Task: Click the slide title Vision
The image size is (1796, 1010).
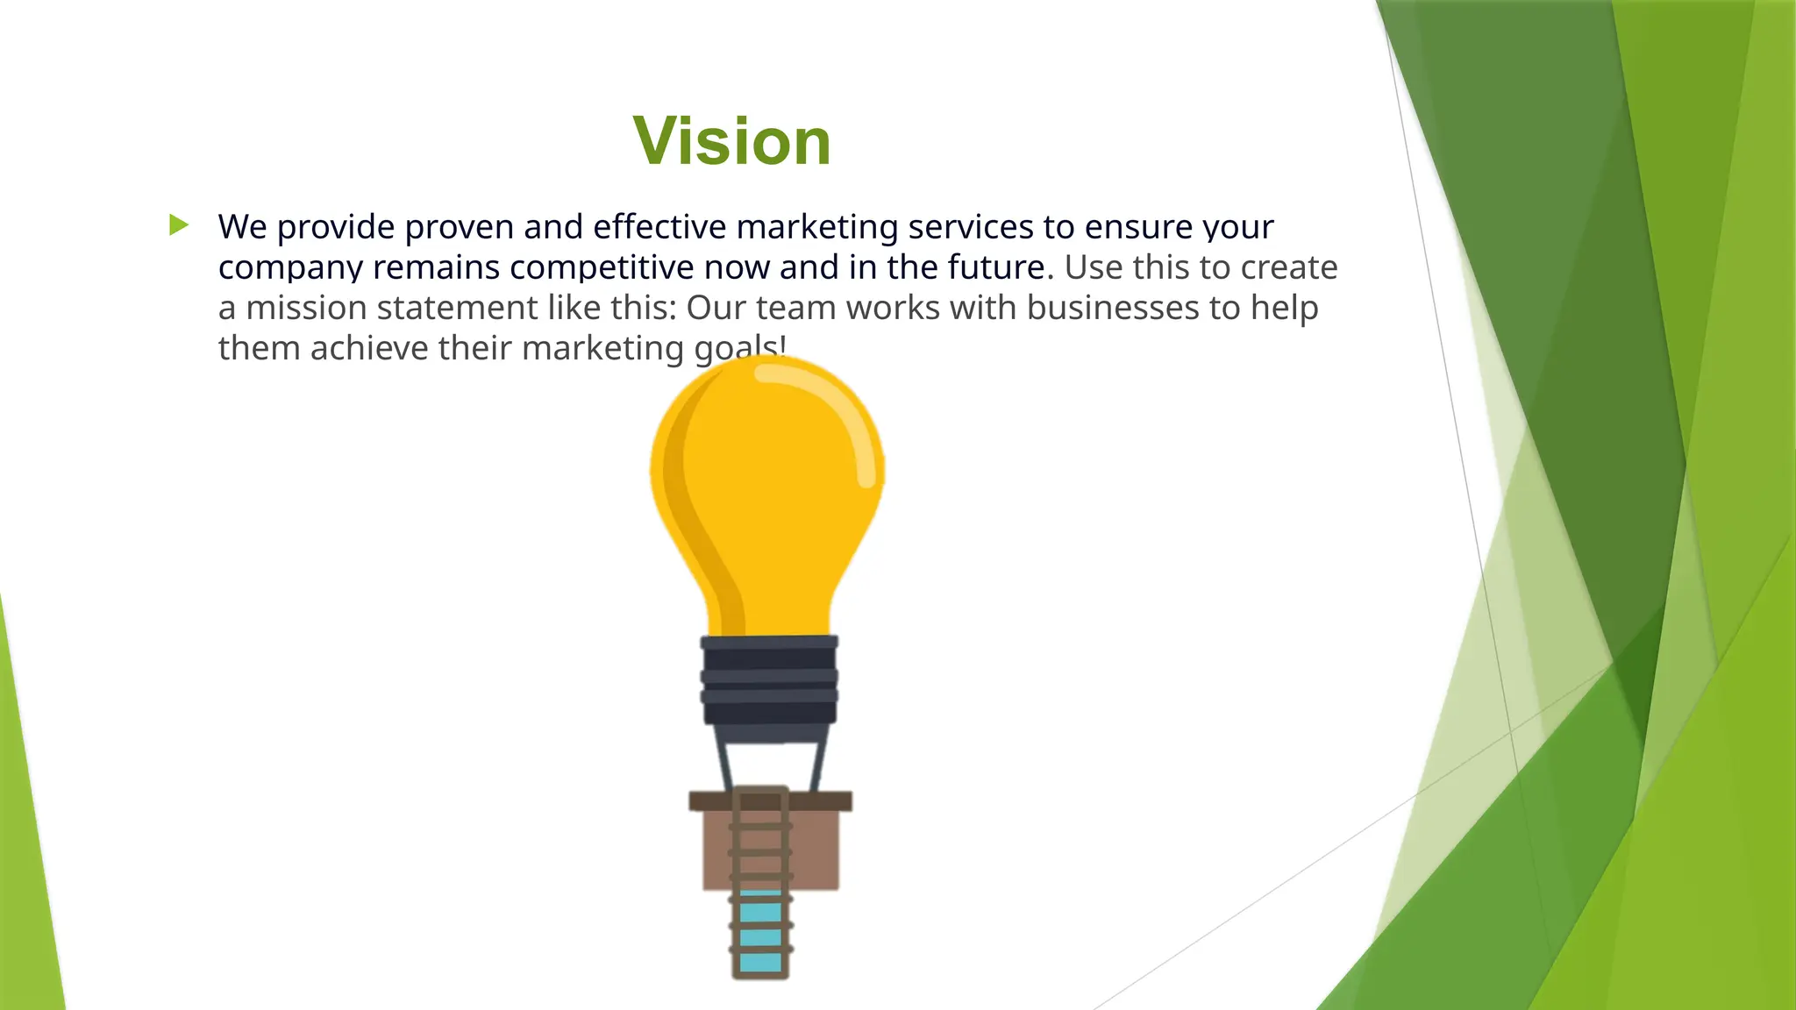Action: coord(731,141)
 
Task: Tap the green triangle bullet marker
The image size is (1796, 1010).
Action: coord(179,225)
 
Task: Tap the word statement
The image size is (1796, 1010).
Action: coord(458,308)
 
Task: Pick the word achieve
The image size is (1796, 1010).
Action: coord(368,348)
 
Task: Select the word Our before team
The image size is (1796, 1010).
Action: coord(716,308)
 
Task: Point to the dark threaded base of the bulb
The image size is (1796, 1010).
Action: coord(769,680)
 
